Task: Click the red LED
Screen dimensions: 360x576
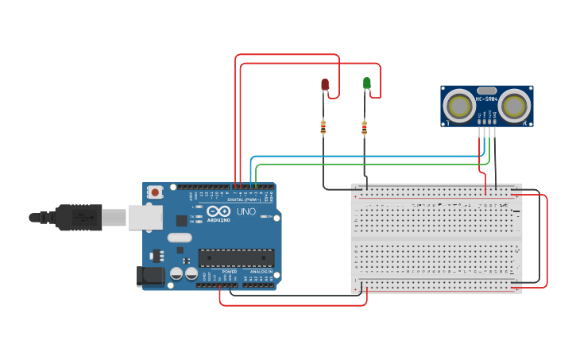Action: (x=324, y=83)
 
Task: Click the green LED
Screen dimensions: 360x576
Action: (x=366, y=83)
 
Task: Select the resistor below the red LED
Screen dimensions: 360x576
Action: (x=323, y=126)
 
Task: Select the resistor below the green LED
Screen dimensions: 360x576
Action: (x=364, y=126)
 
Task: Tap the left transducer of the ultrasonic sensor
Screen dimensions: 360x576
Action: (x=458, y=105)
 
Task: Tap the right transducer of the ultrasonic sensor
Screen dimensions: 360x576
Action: (x=514, y=105)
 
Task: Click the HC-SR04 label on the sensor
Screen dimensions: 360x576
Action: (x=485, y=99)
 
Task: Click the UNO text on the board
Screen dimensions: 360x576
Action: (x=246, y=211)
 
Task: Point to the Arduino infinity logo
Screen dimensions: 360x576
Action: (x=214, y=211)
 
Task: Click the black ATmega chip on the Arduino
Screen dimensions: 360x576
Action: (x=236, y=257)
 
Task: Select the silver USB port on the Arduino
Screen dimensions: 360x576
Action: (x=145, y=216)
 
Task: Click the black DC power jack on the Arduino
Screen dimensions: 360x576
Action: (x=149, y=276)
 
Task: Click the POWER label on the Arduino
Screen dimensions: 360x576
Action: (x=229, y=272)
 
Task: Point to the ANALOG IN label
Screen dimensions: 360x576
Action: (x=261, y=272)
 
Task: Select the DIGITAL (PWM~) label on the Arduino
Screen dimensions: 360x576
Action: (x=244, y=199)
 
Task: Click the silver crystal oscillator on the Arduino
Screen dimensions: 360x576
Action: (x=180, y=237)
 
